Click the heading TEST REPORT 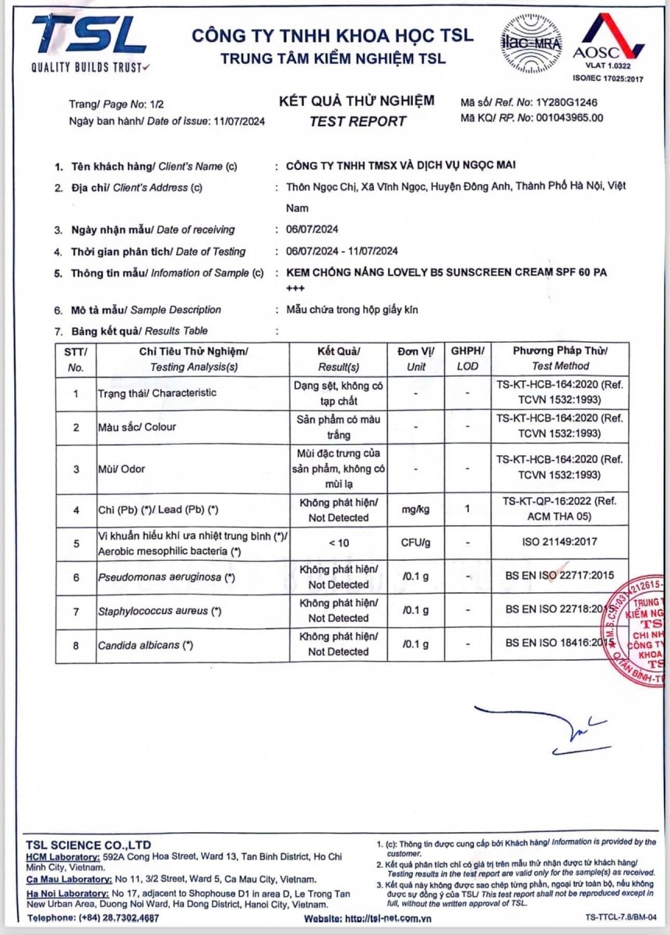click(x=358, y=121)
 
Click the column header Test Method click(x=560, y=365)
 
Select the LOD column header click(x=467, y=365)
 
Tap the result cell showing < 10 click(x=338, y=543)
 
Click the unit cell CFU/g click(x=418, y=543)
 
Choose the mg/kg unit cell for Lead click(x=418, y=510)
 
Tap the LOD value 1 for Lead click(x=467, y=510)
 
